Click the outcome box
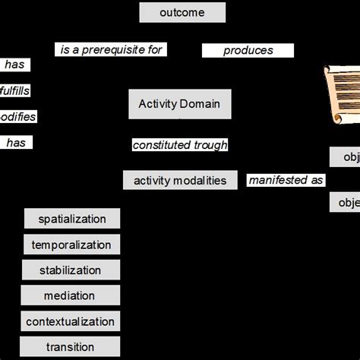click(182, 12)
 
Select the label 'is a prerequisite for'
click(111, 50)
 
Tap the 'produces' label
click(248, 51)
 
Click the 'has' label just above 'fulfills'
click(14, 65)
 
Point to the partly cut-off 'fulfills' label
click(14, 91)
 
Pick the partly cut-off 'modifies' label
click(17, 117)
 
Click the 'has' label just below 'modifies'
click(16, 142)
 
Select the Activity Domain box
click(180, 104)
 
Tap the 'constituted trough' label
click(180, 145)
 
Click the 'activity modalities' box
click(180, 180)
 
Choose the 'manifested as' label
click(286, 180)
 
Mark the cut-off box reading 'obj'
click(345, 157)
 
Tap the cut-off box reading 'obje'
click(345, 203)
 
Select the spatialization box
click(71, 219)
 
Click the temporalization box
click(71, 245)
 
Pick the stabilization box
click(70, 270)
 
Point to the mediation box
click(70, 296)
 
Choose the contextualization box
click(70, 322)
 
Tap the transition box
click(70, 347)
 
